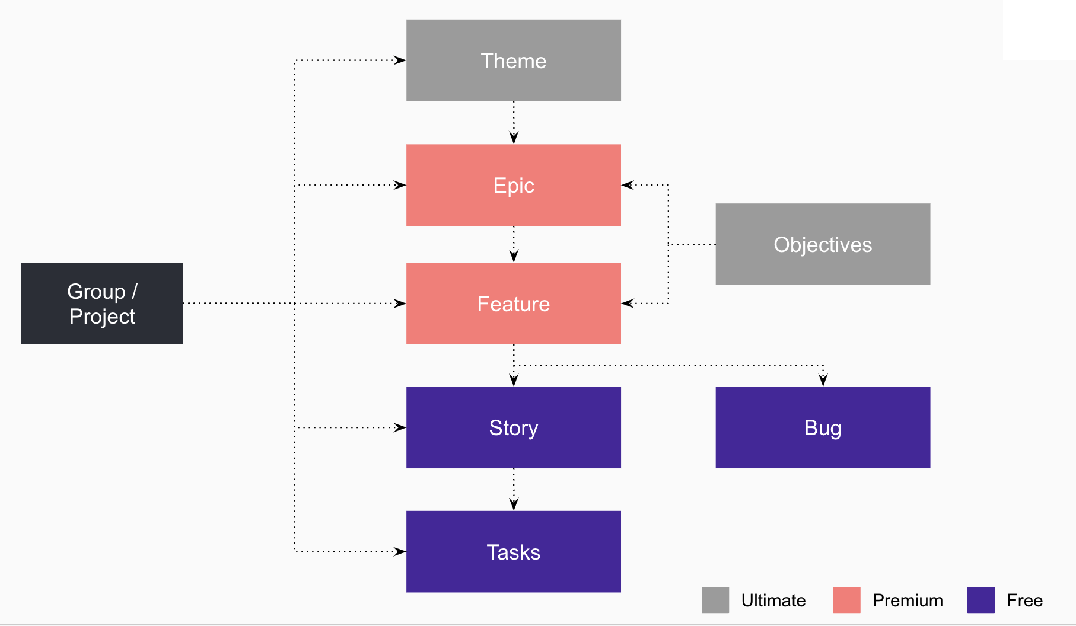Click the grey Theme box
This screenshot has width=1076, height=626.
[x=513, y=60]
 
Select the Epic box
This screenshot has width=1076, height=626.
[x=513, y=185]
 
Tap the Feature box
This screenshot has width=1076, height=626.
[x=513, y=304]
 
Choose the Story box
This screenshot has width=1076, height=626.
[x=513, y=427]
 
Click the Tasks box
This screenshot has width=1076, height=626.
[x=513, y=551]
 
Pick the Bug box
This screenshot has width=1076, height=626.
[x=822, y=427]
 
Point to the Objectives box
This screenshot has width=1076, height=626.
[x=822, y=244]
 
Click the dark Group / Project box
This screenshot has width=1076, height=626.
[x=102, y=304]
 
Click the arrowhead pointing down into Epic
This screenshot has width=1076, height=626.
[x=514, y=138]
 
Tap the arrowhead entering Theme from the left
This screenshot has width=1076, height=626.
[x=400, y=60]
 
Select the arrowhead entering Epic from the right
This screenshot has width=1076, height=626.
[x=628, y=185]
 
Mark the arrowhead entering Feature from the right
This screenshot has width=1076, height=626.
[x=628, y=304]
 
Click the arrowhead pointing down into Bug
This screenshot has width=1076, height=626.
[x=823, y=380]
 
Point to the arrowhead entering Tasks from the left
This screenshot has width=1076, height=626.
[x=400, y=551]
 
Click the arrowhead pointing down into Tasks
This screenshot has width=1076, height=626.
[x=514, y=504]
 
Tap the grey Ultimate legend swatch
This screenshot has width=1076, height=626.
[x=715, y=600]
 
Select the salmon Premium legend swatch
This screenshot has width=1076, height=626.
[x=846, y=600]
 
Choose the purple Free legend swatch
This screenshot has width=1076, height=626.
[x=981, y=600]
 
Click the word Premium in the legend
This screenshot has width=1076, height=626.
[x=908, y=601]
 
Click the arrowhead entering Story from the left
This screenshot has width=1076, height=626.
[x=400, y=427]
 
